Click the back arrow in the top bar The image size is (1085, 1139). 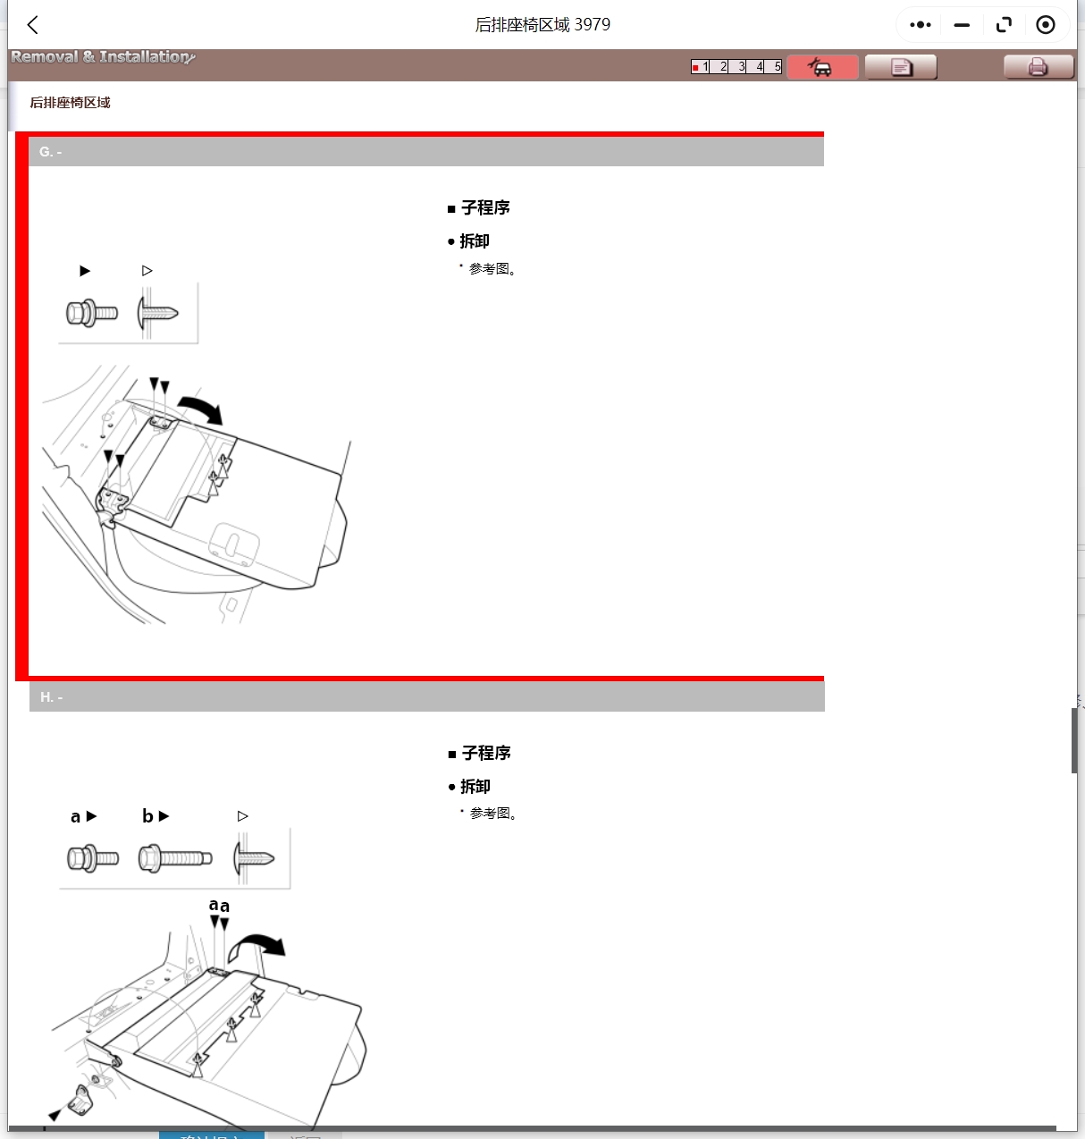click(x=33, y=25)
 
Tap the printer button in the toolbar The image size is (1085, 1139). click(x=1038, y=67)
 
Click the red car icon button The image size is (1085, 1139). click(x=822, y=67)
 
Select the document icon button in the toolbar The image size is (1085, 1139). click(x=901, y=67)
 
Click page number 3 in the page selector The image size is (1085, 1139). click(x=740, y=67)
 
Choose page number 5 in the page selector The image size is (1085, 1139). click(x=776, y=67)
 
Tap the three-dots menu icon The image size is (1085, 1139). click(x=920, y=25)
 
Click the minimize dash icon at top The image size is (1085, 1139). click(x=962, y=25)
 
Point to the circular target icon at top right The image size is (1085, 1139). click(x=1045, y=25)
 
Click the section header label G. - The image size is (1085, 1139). click(x=50, y=152)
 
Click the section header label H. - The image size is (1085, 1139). click(x=51, y=697)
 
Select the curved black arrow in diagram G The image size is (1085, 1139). click(x=201, y=409)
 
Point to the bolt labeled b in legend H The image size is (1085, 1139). click(x=175, y=858)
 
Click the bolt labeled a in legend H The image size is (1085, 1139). click(x=93, y=858)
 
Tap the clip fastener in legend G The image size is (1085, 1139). click(x=158, y=313)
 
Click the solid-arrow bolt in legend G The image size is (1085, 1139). click(x=92, y=314)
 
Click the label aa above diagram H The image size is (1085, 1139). click(x=219, y=906)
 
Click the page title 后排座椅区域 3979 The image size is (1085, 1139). click(x=542, y=25)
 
